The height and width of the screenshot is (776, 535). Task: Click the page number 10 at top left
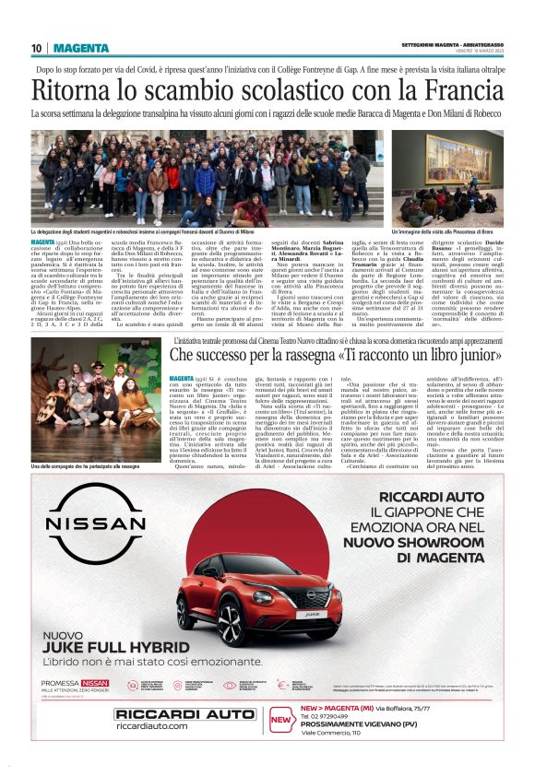[36, 48]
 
